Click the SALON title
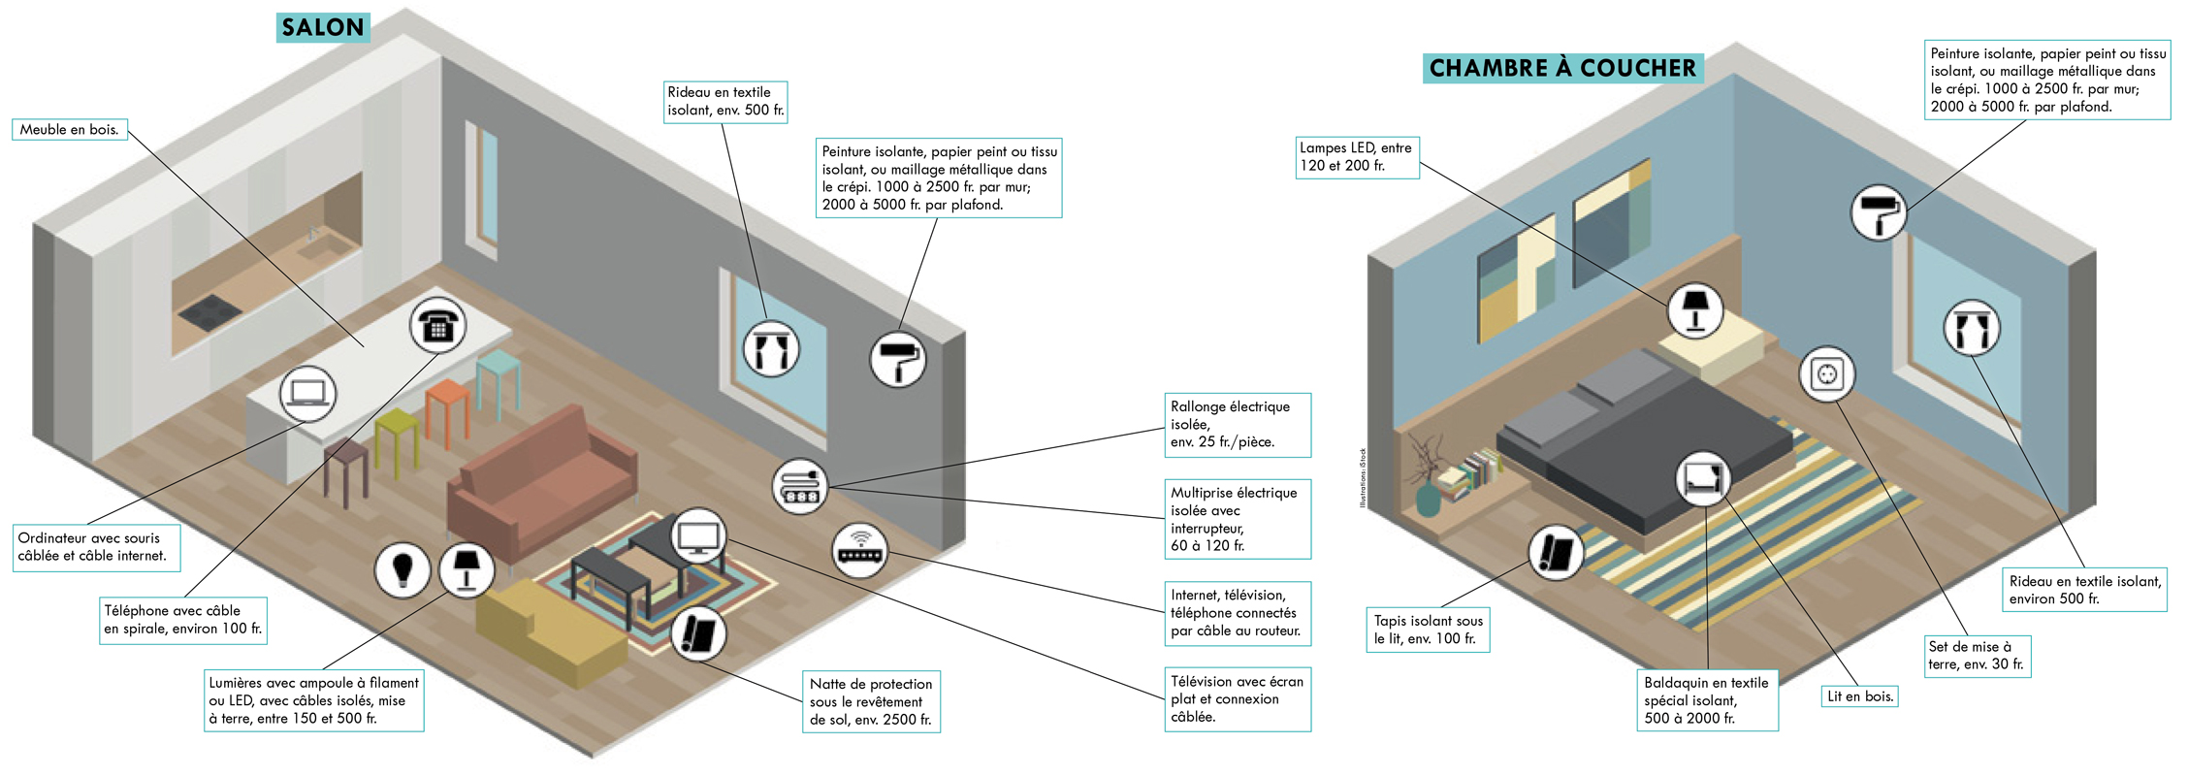[323, 27]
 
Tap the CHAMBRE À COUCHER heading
[1562, 68]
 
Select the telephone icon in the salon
[438, 326]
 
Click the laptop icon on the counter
[308, 394]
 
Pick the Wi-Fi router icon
[860, 550]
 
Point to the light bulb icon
[402, 568]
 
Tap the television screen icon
[698, 536]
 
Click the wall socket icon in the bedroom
[1827, 374]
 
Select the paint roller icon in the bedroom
[1879, 212]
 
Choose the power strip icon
[800, 486]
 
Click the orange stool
[447, 412]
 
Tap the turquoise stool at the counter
[498, 381]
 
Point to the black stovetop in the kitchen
[209, 310]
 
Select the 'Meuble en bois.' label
[70, 130]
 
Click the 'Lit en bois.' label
[1859, 696]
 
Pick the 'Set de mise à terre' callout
[1977, 656]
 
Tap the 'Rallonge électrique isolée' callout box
[1238, 425]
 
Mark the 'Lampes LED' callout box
[1357, 157]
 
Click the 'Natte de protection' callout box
[871, 701]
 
